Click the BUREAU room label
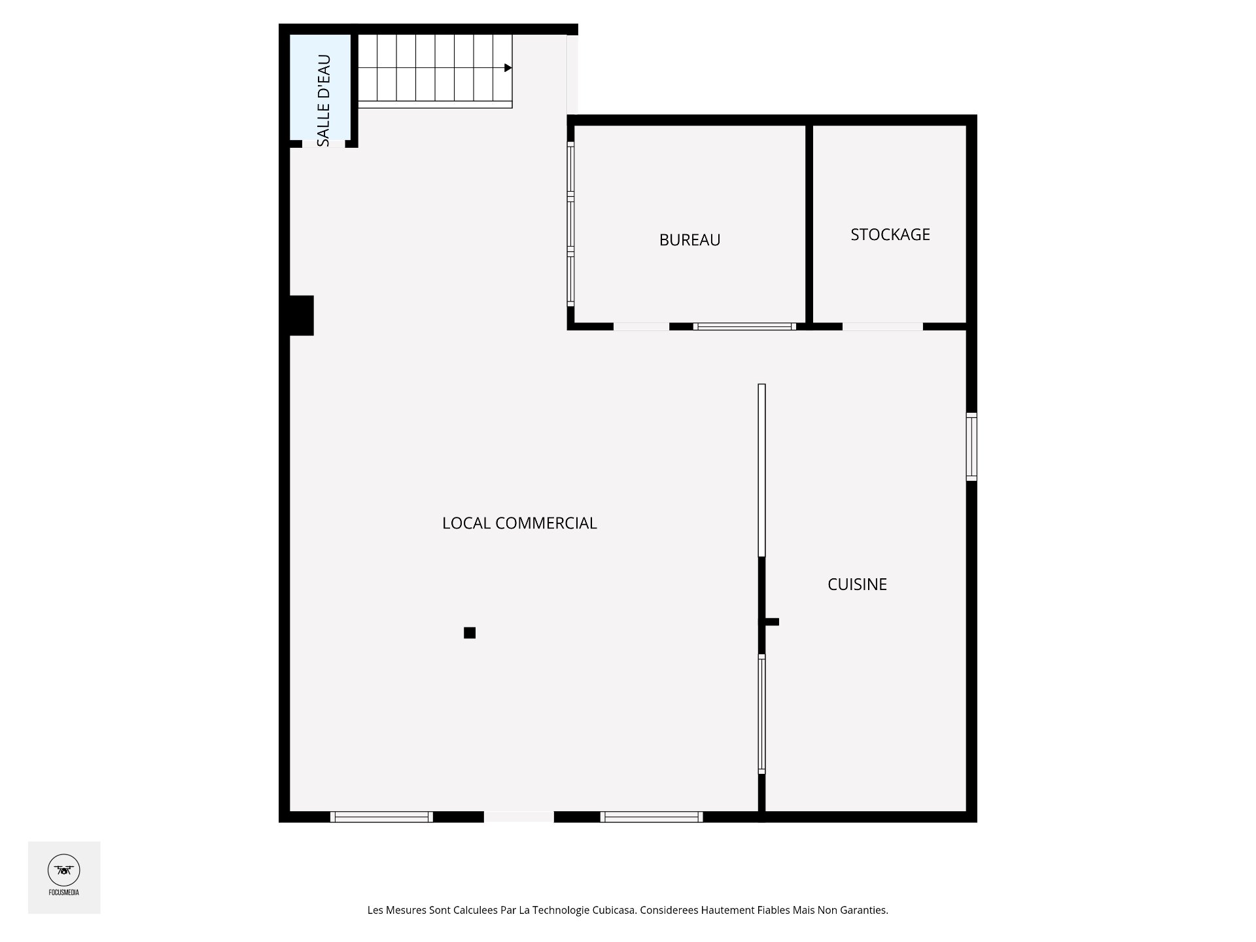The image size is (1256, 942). pos(689,240)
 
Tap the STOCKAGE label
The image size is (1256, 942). pos(890,234)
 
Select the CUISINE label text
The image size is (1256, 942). pos(857,584)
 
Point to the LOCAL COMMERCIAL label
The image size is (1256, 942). pos(519,523)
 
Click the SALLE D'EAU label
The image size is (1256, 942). pos(323,101)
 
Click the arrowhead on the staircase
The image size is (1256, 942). pos(508,68)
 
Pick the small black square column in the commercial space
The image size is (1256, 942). pos(470,633)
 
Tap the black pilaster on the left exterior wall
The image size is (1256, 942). pos(302,315)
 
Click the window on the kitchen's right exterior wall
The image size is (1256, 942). pos(971,447)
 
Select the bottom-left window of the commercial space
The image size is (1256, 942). pos(381,816)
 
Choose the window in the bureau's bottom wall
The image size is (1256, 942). pos(744,326)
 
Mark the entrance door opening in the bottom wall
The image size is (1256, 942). pos(519,816)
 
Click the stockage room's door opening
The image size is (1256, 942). pos(882,326)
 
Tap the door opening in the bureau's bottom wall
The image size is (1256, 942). pos(641,326)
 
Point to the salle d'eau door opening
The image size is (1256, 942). pos(323,144)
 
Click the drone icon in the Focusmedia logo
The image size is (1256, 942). pos(63,870)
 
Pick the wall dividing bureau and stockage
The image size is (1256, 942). pos(809,224)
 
